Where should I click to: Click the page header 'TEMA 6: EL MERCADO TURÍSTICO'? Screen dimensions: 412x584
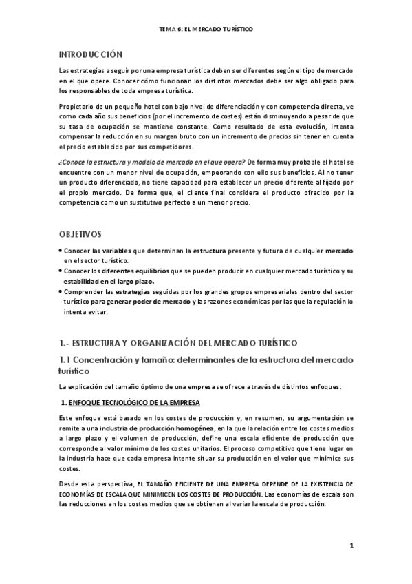206,30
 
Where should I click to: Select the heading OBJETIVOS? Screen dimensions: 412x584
80,234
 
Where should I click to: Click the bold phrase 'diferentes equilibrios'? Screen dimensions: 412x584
124,272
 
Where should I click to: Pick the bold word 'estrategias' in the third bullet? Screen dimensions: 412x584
145,292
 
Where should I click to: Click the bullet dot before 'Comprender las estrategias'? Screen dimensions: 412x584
61,292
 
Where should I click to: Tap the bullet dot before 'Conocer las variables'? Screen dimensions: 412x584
61,253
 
